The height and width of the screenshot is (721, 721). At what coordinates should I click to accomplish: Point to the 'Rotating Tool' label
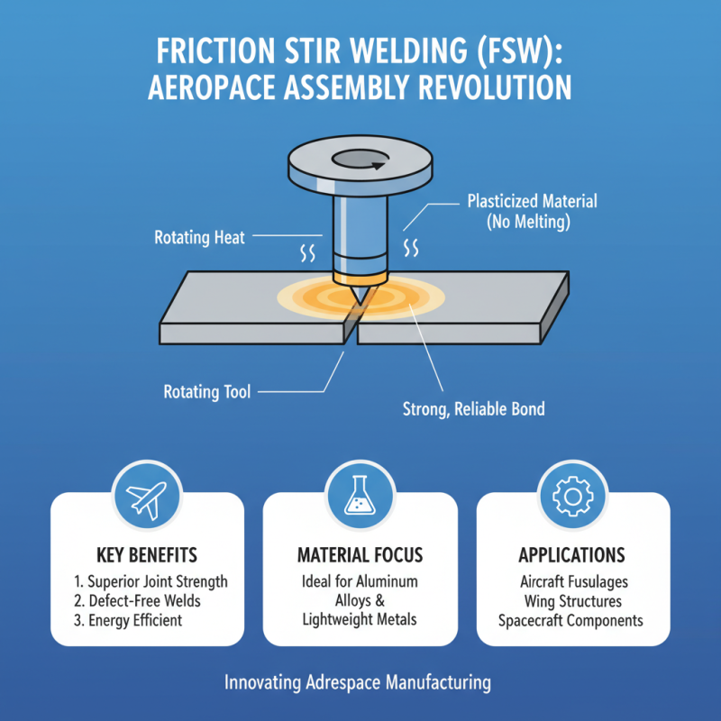(206, 392)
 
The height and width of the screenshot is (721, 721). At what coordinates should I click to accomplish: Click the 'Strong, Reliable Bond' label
(473, 409)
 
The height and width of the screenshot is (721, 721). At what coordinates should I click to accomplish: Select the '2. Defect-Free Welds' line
(138, 601)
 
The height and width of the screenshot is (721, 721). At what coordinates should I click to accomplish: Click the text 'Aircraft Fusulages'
(572, 582)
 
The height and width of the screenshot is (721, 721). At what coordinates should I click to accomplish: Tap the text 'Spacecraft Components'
(572, 621)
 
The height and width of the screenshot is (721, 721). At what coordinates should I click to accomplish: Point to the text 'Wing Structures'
(572, 601)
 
